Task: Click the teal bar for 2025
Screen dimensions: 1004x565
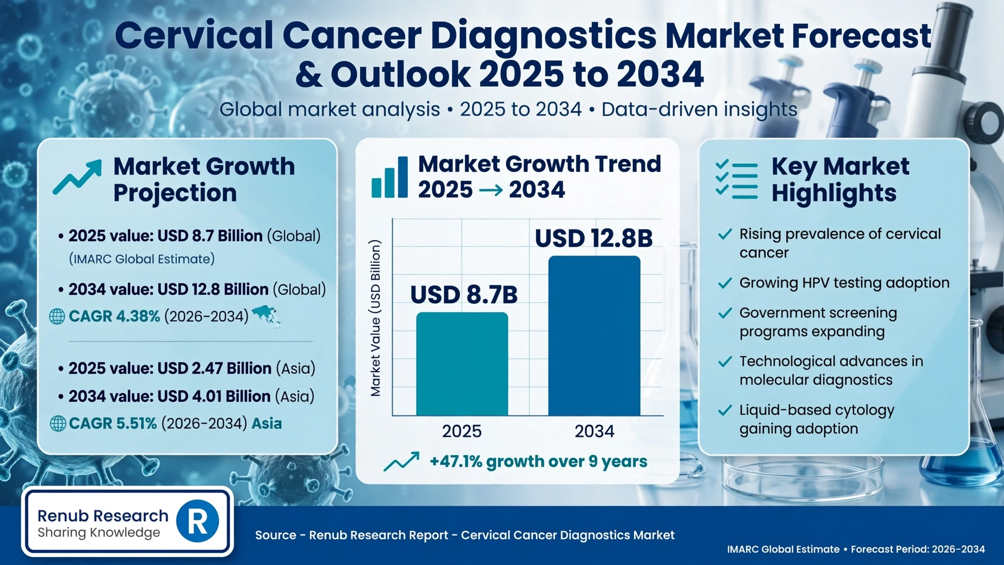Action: click(462, 364)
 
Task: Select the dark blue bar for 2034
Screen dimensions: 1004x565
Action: click(594, 336)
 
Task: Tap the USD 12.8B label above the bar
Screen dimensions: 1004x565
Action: click(594, 238)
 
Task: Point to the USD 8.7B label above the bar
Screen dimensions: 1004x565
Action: click(464, 295)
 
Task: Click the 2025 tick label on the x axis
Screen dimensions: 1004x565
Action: click(462, 431)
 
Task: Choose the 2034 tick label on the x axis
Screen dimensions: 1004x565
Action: click(594, 431)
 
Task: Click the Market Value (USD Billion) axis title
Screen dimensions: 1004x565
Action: click(376, 318)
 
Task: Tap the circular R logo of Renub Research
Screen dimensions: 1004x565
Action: click(197, 521)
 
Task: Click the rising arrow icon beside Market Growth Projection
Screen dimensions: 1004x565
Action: click(77, 177)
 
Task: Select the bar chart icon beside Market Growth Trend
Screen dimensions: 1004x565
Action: click(389, 177)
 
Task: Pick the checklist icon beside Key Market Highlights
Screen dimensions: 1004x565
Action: click(736, 180)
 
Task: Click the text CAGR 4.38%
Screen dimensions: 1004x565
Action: click(114, 316)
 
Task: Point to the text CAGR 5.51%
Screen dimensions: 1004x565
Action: click(113, 423)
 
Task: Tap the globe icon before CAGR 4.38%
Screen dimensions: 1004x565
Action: click(57, 317)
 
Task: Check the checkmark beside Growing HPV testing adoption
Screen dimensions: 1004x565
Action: click(725, 283)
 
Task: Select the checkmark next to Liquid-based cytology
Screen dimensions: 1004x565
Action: click(725, 411)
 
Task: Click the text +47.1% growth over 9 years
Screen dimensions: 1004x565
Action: click(538, 462)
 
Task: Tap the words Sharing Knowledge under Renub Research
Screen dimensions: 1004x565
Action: click(99, 533)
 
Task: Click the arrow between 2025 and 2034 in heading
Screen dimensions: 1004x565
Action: click(491, 190)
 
